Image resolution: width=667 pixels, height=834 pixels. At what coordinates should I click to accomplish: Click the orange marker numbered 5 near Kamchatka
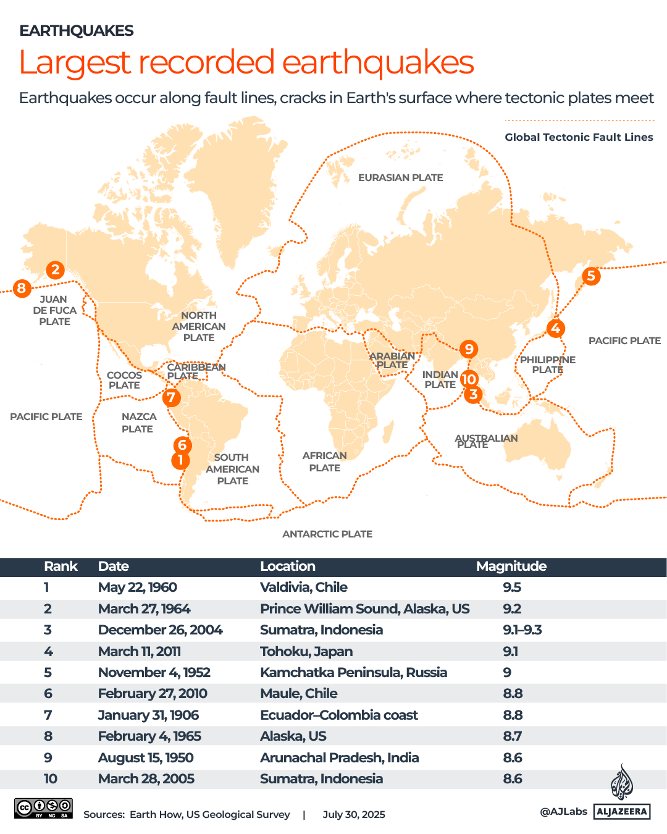[x=591, y=276]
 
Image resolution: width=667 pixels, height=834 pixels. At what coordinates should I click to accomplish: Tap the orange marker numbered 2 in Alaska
[x=56, y=269]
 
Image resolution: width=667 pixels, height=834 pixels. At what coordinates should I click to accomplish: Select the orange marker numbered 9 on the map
[x=469, y=349]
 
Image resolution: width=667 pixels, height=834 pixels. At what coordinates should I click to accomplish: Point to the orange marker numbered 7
[x=171, y=397]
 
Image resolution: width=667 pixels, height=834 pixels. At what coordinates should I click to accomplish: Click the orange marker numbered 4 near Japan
[x=555, y=328]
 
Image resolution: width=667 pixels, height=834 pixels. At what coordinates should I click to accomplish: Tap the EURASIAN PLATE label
[x=400, y=177]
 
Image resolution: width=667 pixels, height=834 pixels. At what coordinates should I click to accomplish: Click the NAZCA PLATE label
[x=138, y=423]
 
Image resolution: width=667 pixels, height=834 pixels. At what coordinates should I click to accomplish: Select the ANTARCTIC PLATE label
[x=327, y=534]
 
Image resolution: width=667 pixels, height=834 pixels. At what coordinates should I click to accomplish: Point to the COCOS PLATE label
[x=124, y=380]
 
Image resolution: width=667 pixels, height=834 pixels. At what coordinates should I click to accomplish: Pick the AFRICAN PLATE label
[x=324, y=461]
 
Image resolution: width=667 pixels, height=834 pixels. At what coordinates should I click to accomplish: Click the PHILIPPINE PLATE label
[x=547, y=364]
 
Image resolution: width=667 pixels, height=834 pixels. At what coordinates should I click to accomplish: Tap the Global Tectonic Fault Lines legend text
[x=579, y=137]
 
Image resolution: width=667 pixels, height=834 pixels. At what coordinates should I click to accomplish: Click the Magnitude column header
[x=511, y=566]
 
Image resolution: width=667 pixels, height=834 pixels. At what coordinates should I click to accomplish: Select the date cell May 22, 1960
[x=137, y=587]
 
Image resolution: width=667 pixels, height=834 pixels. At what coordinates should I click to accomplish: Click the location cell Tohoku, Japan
[x=306, y=651]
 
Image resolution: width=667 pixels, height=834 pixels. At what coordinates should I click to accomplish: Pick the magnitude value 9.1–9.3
[x=522, y=630]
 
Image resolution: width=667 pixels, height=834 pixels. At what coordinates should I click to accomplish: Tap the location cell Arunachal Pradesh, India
[x=339, y=757]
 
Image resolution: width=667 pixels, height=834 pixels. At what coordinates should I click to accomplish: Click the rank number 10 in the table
[x=50, y=778]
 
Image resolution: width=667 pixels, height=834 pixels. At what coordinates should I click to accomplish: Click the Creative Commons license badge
[x=43, y=808]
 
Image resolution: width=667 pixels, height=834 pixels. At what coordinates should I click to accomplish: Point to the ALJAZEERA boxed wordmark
[x=622, y=811]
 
